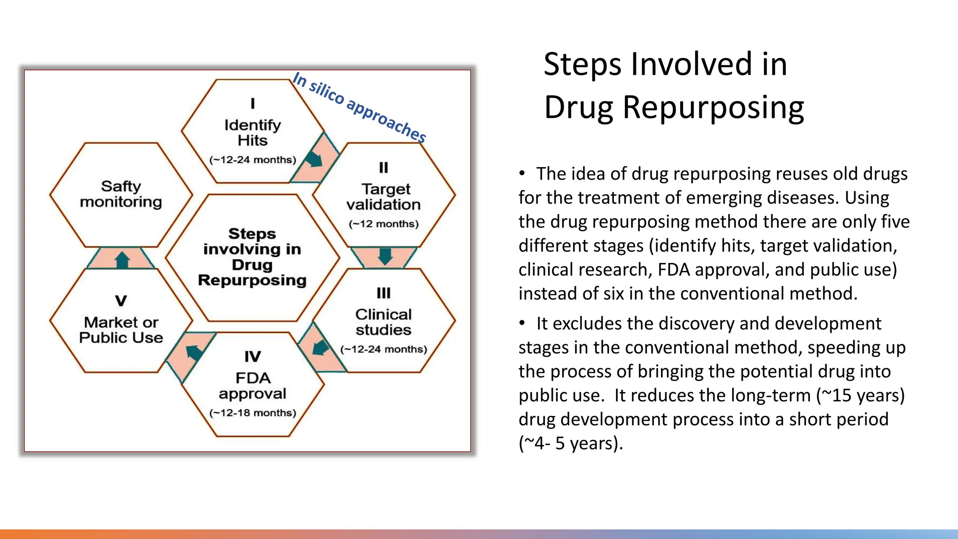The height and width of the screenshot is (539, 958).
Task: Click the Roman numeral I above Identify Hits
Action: pos(253,103)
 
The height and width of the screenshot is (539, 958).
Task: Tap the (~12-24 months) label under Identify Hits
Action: pos(253,160)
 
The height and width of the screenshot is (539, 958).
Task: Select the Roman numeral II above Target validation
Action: pos(384,168)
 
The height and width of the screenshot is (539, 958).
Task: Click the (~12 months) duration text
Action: pos(384,224)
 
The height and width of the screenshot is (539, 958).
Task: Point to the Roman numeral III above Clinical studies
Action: pos(384,293)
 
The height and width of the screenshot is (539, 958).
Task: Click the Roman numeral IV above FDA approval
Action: pos(253,357)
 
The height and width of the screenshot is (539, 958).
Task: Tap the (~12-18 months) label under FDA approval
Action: pos(253,413)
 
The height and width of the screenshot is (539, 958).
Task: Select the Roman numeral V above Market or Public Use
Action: pos(121,301)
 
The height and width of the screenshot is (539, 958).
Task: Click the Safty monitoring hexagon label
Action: pos(121,194)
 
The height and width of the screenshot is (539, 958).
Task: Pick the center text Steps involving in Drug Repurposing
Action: pos(253,257)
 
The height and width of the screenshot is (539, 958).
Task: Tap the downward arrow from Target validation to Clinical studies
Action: pos(385,256)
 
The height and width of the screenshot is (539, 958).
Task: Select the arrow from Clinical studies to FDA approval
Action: pos(320,348)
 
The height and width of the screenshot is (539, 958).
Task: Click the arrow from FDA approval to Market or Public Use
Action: pos(194,352)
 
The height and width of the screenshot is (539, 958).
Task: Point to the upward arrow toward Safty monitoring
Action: pos(122,260)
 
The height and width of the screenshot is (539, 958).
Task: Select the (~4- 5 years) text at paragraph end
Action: pos(570,443)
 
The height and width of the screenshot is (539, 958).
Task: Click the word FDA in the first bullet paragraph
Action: pos(674,270)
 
